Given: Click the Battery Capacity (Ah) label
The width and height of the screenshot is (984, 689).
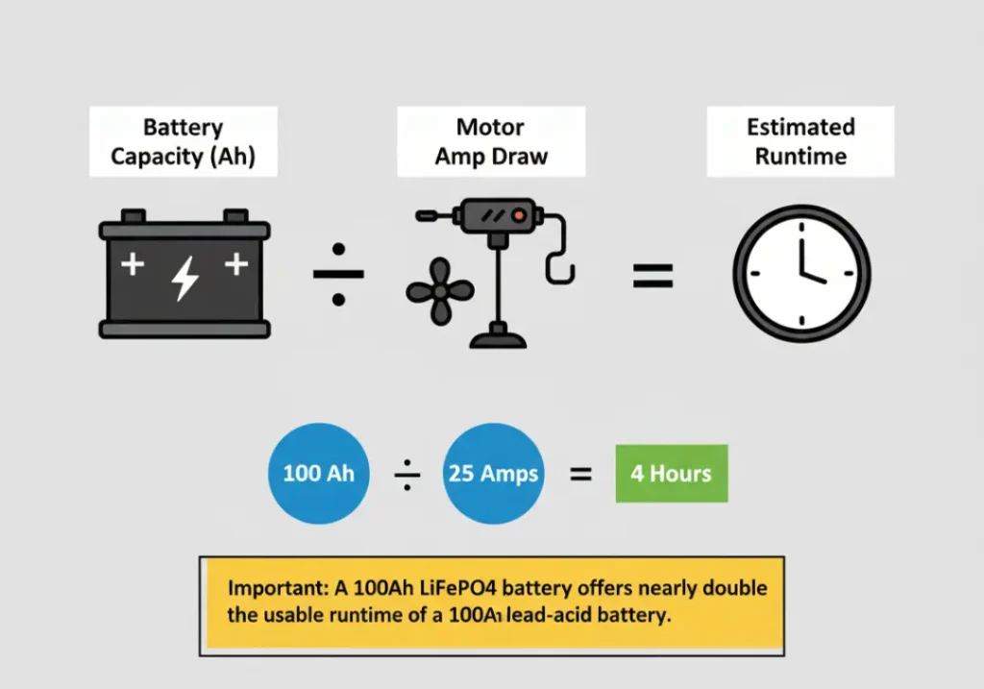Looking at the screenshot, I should click(x=183, y=141).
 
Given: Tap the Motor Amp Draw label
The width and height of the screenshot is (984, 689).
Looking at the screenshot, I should click(x=490, y=141).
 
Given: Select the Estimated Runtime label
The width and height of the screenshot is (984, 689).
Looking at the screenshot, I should click(x=800, y=141).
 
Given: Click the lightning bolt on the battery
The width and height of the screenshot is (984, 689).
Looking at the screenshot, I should click(x=184, y=278).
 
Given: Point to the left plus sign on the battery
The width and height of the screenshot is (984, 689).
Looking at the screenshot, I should click(x=132, y=263).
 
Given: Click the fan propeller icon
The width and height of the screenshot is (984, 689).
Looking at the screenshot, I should click(x=440, y=290).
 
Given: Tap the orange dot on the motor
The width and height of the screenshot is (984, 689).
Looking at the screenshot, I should click(x=519, y=216).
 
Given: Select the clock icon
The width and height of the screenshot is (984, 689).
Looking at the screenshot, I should click(x=801, y=275).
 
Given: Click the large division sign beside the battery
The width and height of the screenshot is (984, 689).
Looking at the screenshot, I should click(x=338, y=275).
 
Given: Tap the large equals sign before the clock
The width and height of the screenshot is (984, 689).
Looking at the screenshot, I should click(x=652, y=277).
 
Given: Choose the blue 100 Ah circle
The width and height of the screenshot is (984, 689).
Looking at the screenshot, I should click(x=318, y=474).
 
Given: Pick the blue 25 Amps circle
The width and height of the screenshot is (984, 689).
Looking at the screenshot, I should click(x=493, y=474).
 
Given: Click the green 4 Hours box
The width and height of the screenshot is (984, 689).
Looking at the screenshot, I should click(x=671, y=474).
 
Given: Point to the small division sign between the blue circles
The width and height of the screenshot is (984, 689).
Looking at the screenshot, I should click(x=407, y=474).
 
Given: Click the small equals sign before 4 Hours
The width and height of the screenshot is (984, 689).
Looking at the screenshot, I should click(x=580, y=474).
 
